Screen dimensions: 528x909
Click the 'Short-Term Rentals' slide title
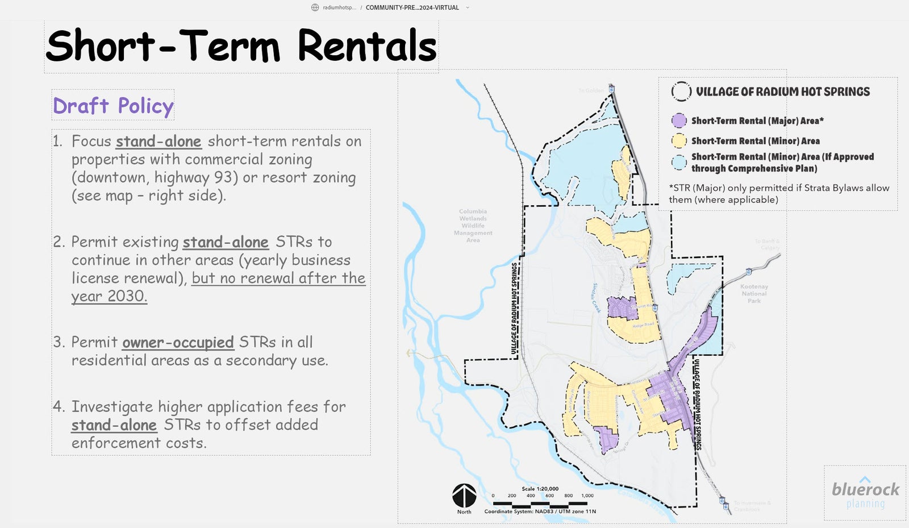241,46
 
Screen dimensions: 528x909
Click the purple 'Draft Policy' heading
113,106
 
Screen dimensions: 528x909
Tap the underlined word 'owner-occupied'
178,343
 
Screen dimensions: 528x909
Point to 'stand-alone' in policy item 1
159,142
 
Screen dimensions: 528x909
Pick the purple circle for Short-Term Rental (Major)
679,120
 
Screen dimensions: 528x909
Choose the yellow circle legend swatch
679,140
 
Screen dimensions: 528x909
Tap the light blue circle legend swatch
679,163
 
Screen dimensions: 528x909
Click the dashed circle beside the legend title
681,92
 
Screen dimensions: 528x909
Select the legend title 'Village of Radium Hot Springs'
783,92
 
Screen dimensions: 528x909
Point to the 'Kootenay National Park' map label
754,294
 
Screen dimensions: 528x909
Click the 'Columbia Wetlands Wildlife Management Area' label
473,226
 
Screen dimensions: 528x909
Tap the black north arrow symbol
464,496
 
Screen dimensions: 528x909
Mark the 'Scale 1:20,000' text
540,489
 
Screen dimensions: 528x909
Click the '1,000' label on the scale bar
587,496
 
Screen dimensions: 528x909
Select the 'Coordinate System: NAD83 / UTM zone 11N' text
540,512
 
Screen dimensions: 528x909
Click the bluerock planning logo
865,493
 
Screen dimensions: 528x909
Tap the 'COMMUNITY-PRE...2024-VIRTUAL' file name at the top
412,7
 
